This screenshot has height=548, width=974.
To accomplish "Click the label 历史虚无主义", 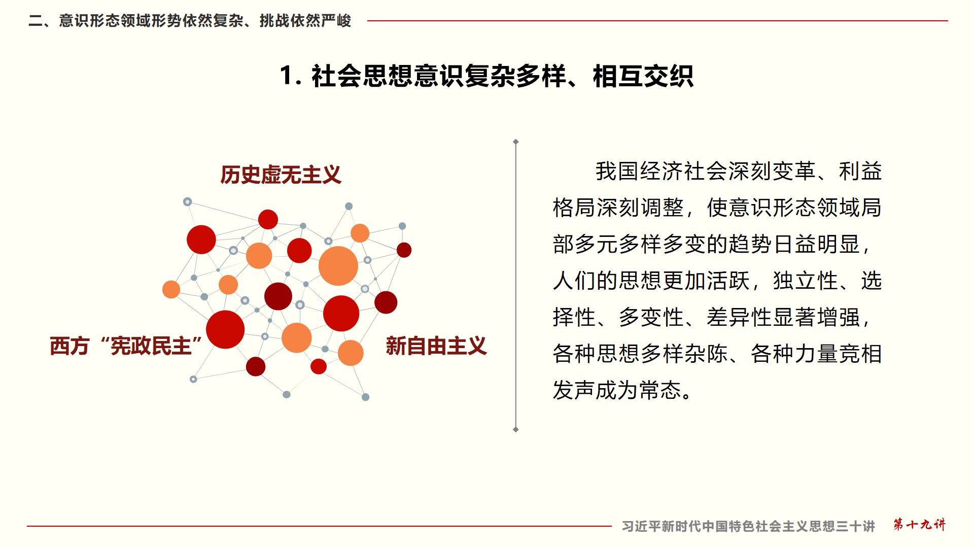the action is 281,175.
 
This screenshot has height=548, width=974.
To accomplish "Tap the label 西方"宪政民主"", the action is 126,346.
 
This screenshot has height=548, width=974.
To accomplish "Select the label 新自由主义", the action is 436,346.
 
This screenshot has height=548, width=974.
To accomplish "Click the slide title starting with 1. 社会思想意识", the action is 486,76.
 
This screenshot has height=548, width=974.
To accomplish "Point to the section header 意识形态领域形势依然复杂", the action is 151,21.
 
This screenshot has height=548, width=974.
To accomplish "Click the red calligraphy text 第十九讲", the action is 920,525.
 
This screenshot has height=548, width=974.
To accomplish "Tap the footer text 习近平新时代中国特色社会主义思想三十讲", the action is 748,526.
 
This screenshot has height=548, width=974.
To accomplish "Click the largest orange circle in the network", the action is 338,266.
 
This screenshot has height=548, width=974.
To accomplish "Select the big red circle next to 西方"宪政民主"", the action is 225,330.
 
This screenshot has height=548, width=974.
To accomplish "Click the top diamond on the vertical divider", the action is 516,142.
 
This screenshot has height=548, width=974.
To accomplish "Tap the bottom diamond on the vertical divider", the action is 516,430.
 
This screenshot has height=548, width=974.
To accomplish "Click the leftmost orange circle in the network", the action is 171,289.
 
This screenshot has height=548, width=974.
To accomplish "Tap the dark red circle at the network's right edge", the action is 404,250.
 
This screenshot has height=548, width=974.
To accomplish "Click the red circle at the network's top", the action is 268,219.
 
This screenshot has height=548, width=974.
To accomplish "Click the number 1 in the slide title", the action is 287,76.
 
